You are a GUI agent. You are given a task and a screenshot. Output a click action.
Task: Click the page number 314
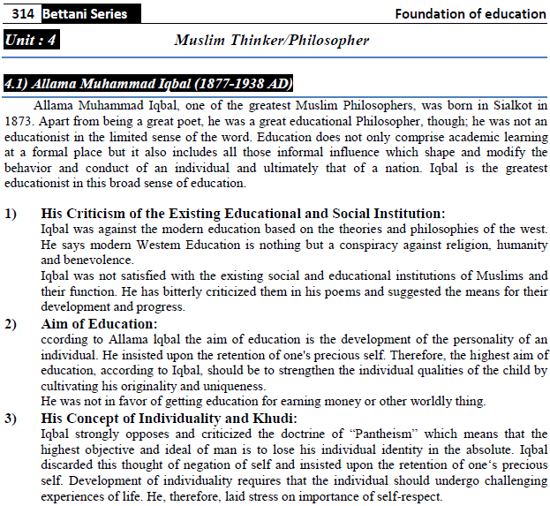[x=24, y=13]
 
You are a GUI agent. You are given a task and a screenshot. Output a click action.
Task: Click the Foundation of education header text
[x=470, y=13]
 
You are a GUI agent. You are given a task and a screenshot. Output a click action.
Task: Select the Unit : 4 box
[x=33, y=41]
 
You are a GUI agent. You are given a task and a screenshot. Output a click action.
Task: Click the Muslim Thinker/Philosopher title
[x=271, y=41]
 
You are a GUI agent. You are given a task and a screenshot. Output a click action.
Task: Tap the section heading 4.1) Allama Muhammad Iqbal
[x=148, y=84]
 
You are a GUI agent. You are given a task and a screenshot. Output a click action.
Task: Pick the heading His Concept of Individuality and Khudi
[x=170, y=418]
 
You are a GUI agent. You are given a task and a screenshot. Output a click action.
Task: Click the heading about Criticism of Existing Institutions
[x=243, y=214]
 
